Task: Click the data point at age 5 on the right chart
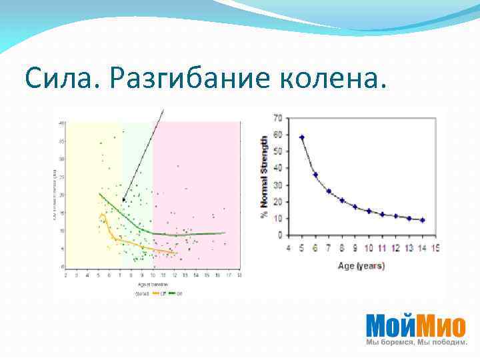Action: [302, 137]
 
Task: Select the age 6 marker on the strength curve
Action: [315, 175]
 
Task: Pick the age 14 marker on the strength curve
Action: [422, 220]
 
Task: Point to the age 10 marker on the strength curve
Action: [369, 211]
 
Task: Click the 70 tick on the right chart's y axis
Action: [277, 118]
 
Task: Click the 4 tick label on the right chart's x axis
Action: [289, 249]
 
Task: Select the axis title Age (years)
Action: [361, 265]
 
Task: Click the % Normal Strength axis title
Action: [265, 177]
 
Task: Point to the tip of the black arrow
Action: [123, 200]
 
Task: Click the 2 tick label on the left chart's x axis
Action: [65, 274]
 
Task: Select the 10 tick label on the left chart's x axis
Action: [153, 274]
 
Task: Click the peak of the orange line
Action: [102, 214]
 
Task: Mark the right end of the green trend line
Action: [225, 233]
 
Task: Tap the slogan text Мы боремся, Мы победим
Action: [415, 342]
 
